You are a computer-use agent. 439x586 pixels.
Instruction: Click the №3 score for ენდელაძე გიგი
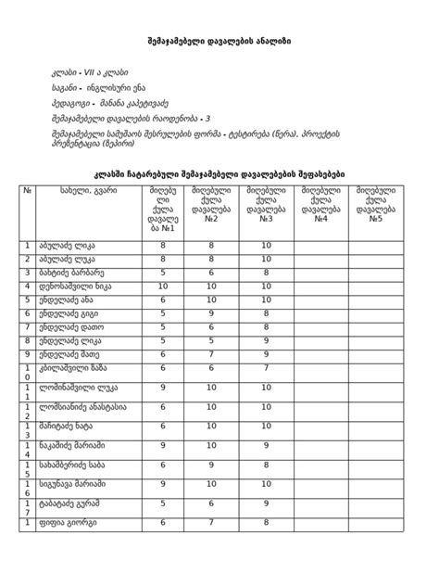click(267, 313)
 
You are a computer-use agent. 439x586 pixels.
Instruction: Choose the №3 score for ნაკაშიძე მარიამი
click(267, 446)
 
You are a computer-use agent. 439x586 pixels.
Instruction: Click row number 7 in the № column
click(28, 326)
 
